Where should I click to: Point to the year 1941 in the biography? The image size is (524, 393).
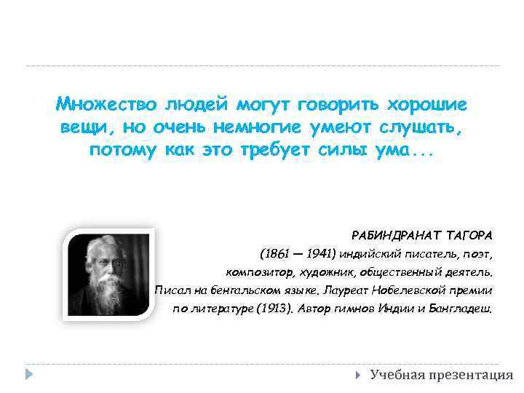tap(321, 255)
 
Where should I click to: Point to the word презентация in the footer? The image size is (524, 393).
tap(470, 375)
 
